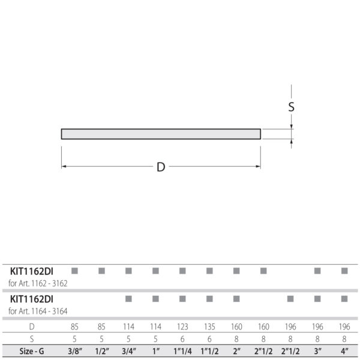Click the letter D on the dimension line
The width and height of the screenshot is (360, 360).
[161, 167]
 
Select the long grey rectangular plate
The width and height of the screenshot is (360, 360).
[161, 134]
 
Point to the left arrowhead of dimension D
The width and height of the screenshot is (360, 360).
[64, 166]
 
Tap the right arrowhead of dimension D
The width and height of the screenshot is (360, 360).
[258, 166]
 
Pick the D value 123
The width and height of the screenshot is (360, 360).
[182, 327]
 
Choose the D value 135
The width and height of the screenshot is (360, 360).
[209, 327]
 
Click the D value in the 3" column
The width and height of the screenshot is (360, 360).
[317, 327]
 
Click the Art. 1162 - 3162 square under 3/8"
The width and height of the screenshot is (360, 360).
[74, 271]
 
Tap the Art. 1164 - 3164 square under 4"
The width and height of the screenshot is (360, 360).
[344, 298]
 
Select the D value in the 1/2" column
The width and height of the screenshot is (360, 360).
[101, 327]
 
